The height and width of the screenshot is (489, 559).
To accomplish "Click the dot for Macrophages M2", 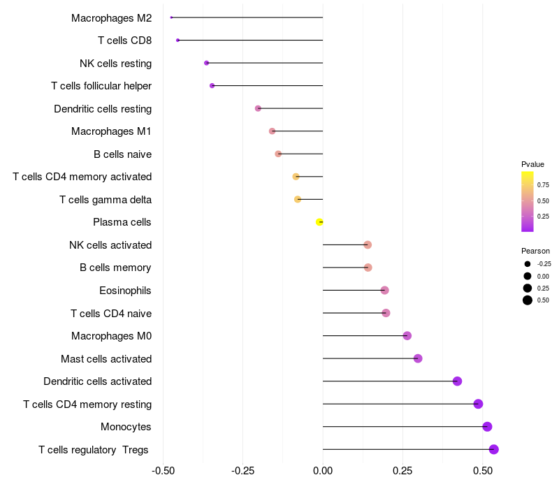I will (x=171, y=17).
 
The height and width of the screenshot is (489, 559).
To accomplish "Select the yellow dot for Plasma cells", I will (x=319, y=222).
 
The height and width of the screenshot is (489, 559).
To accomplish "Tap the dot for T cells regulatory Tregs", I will (x=493, y=449).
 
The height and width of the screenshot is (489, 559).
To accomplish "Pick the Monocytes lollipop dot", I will (x=487, y=427).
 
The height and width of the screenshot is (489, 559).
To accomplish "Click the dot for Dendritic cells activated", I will (x=457, y=381).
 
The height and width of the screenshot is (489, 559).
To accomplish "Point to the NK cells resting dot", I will (x=206, y=63).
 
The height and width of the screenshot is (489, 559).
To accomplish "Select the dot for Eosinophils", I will (x=384, y=291).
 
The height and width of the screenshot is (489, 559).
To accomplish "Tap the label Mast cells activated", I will (x=106, y=359).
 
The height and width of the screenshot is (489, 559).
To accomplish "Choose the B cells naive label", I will (x=122, y=154).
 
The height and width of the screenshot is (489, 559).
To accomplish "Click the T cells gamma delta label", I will (x=106, y=200).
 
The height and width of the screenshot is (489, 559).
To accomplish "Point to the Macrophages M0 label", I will (x=111, y=336).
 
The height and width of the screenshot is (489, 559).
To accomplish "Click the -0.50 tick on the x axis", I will (x=163, y=471).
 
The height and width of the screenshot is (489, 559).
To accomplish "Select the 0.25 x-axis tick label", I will (x=402, y=471).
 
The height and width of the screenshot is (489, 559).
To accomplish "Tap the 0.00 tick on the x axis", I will (x=323, y=471).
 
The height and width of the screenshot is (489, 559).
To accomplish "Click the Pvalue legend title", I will (x=532, y=164).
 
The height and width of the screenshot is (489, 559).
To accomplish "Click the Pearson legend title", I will (x=535, y=251).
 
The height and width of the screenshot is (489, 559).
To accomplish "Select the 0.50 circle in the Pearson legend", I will (x=527, y=300).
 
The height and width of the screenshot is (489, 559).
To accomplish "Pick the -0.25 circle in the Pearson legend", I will (x=527, y=264).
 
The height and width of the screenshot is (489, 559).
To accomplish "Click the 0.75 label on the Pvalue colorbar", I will (x=543, y=185).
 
